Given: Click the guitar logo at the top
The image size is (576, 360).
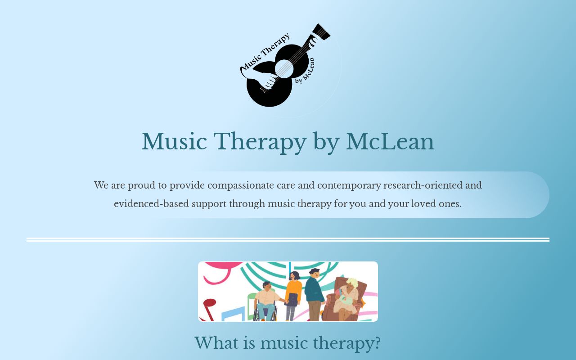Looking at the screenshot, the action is (x=285, y=66).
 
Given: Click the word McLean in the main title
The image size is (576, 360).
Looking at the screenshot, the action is (x=390, y=142).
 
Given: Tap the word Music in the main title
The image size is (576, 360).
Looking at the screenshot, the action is (x=174, y=142).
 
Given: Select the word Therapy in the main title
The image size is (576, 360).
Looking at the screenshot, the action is (x=260, y=143).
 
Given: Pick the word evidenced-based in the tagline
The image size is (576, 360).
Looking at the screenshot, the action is (x=152, y=204).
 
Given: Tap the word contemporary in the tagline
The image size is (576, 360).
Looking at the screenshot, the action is (x=349, y=186).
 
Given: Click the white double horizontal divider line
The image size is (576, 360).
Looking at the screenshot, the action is (x=288, y=240).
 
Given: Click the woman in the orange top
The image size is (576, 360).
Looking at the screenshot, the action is (x=293, y=296).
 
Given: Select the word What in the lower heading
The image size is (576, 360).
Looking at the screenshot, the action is (x=217, y=343).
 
